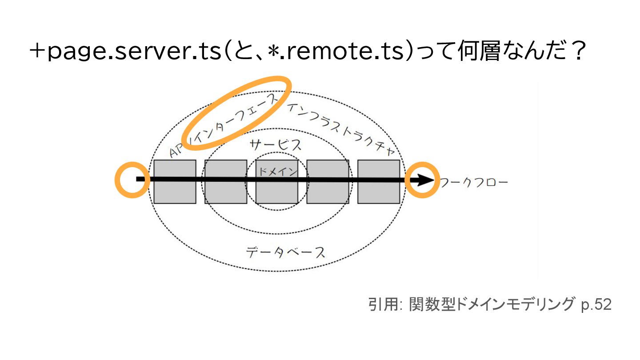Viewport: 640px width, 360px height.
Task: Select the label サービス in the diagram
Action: pos(276,144)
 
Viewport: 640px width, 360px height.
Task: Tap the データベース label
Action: pos(286,252)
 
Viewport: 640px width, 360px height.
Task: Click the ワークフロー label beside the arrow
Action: pos(473,182)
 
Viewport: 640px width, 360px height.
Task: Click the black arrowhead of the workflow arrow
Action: pos(424,180)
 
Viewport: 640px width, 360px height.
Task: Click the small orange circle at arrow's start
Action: pos(131,180)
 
